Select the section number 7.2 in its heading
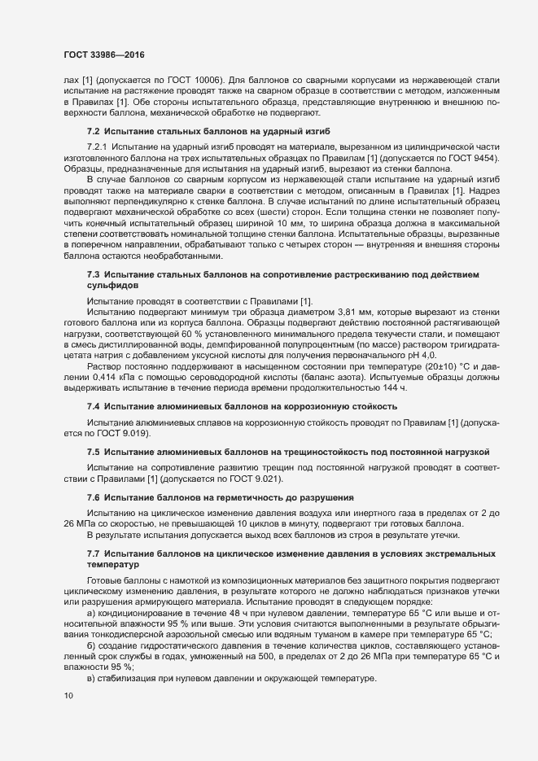click(93, 131)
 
